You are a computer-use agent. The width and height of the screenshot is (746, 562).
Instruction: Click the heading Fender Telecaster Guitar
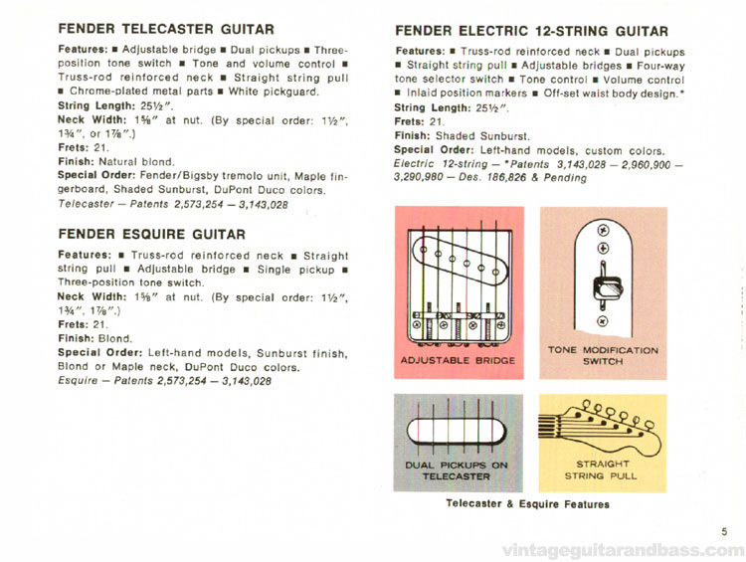click(x=165, y=29)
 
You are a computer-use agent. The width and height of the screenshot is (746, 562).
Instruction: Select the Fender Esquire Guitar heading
click(x=151, y=235)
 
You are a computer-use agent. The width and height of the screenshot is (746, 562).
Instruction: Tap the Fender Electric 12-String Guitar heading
click(x=531, y=32)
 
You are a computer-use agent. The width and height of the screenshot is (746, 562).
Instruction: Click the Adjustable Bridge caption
click(x=458, y=360)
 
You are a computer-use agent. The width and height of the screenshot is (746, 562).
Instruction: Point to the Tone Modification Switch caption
click(x=603, y=356)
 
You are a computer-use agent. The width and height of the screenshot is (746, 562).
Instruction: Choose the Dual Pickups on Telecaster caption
click(x=459, y=469)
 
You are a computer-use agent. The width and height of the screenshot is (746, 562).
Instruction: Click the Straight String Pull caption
click(x=603, y=469)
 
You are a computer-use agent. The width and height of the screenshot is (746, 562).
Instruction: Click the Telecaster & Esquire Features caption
click(x=529, y=504)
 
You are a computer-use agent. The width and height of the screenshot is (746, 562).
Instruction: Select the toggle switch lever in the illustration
click(x=603, y=287)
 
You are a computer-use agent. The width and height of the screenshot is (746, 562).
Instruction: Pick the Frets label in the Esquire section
click(x=76, y=324)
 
